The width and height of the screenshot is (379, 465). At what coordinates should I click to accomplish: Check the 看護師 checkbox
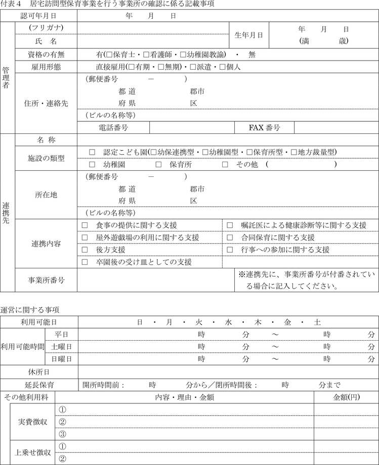(146, 54)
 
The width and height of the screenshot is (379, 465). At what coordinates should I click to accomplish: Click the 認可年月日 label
(38, 16)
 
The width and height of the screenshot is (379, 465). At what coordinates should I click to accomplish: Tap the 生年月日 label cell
(248, 35)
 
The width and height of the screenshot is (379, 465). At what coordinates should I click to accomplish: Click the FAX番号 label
(264, 127)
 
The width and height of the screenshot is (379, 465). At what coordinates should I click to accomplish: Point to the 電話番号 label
(113, 127)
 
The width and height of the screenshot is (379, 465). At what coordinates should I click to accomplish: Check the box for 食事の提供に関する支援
(85, 225)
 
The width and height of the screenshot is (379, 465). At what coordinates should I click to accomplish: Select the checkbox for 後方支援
(85, 250)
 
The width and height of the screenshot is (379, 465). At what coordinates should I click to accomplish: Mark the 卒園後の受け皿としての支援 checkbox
(85, 262)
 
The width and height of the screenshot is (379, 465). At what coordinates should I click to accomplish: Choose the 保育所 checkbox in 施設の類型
(158, 165)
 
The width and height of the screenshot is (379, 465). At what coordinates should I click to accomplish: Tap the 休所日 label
(38, 372)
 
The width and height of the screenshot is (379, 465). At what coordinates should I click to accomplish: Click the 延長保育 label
(38, 385)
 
